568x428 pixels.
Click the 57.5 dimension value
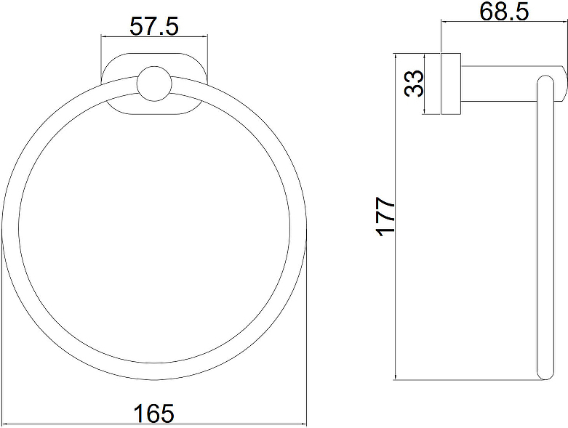click(154, 26)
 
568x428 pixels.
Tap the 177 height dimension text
click(386, 217)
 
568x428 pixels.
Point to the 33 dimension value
click(414, 84)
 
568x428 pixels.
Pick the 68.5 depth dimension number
click(504, 12)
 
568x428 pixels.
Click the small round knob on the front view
click(154, 84)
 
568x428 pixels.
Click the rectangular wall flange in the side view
click(451, 84)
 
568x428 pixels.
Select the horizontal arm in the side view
click(512, 84)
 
